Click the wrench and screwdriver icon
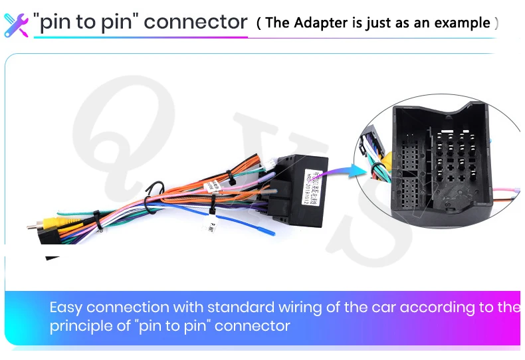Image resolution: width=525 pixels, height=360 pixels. tap(16, 23)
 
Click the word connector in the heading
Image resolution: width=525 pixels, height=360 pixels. tap(195, 22)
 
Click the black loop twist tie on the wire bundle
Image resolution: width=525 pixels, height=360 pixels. tap(156, 190)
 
